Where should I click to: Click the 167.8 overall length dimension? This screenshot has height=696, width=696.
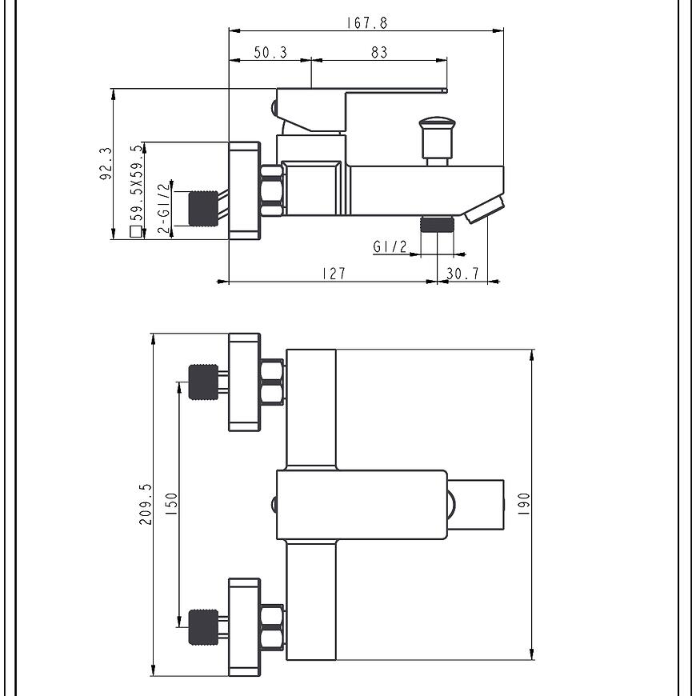click(366, 23)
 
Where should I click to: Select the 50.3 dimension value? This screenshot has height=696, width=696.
click(270, 52)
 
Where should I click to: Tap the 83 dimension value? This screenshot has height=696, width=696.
click(379, 52)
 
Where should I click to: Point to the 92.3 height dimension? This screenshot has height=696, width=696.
click(106, 163)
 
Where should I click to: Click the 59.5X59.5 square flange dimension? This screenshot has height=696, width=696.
click(137, 182)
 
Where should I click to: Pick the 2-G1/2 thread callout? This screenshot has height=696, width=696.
click(164, 208)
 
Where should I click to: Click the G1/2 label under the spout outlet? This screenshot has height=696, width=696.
click(390, 246)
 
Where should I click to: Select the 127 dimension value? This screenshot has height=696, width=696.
click(334, 274)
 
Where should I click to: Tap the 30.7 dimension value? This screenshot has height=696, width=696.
click(462, 274)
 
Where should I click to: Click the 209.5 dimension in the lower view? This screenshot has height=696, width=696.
click(145, 504)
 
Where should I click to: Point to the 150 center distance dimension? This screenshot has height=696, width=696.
click(171, 504)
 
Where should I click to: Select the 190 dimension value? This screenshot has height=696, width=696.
click(524, 504)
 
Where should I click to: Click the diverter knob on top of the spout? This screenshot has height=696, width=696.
click(438, 141)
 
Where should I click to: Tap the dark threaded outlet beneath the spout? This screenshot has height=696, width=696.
click(438, 225)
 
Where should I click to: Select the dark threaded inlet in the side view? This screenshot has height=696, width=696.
click(203, 208)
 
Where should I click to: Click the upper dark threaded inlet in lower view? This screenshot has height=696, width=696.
click(203, 382)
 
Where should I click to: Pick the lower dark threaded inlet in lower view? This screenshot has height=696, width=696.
click(203, 627)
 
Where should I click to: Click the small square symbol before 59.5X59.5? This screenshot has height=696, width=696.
click(136, 232)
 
